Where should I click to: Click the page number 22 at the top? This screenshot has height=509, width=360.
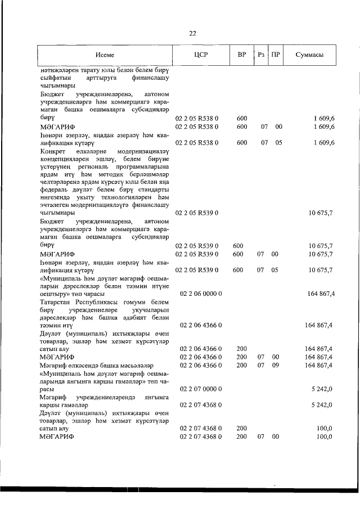[x=192, y=33]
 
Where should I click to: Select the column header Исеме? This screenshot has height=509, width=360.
[x=105, y=55]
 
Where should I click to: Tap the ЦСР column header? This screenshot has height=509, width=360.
[x=200, y=55]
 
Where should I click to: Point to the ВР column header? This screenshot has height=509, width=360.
[x=241, y=55]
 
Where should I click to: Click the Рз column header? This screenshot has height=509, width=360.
[x=260, y=55]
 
